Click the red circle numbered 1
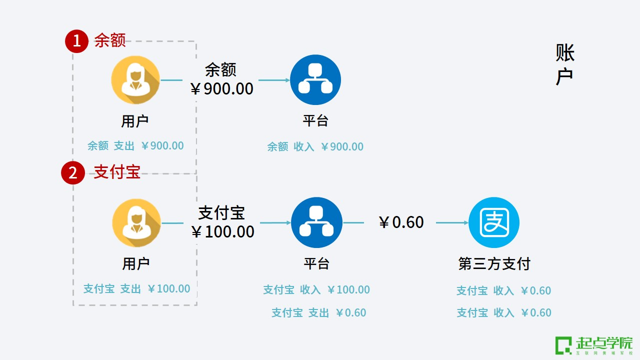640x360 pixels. tap(76, 41)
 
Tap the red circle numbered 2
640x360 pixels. tap(73, 173)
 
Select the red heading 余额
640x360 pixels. tap(110, 40)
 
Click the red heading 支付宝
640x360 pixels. tap(117, 172)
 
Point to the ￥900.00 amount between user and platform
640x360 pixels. tap(222, 88)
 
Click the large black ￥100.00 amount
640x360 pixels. tap(223, 231)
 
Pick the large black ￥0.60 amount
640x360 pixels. tap(401, 222)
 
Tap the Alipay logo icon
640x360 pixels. tap(494, 222)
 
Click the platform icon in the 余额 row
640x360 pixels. tap(315, 80)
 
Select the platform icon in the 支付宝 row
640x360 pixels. tap(316, 222)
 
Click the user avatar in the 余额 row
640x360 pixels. tap(135, 80)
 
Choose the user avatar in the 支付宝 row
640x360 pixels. tap(136, 222)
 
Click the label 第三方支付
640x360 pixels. tap(494, 264)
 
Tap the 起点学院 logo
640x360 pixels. tap(594, 345)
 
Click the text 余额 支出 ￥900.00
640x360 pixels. tap(135, 146)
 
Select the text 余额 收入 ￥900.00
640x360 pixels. tap(315, 147)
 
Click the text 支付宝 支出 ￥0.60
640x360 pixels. tap(318, 313)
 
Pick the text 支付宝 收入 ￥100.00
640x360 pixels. tap(316, 290)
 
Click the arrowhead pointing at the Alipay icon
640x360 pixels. tap(465, 222)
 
